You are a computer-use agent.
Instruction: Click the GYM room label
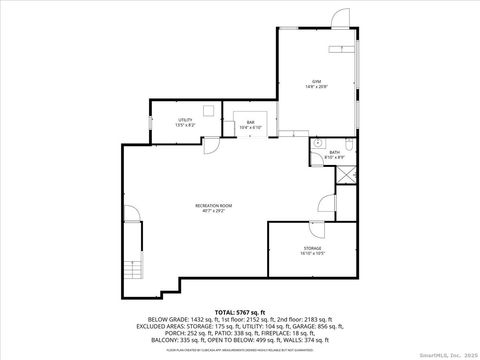point(316,81)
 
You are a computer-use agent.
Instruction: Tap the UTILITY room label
point(158,120)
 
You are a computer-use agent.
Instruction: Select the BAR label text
point(251,123)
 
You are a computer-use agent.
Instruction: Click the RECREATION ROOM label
point(214,206)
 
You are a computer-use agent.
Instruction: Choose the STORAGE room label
point(313,247)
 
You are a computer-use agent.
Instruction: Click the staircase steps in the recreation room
point(132,270)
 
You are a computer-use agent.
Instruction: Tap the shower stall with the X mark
point(344,173)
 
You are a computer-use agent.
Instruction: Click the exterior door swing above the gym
point(340,18)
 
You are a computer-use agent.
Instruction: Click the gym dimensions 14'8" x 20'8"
point(316,87)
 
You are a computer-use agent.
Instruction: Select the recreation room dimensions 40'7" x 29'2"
point(214,212)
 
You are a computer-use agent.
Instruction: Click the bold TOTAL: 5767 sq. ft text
point(239,314)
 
